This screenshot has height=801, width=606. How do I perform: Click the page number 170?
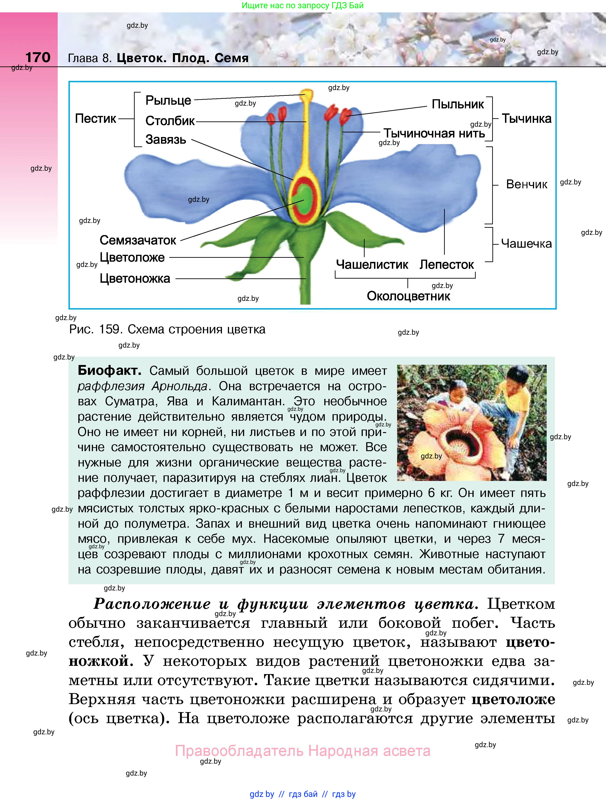[38, 57]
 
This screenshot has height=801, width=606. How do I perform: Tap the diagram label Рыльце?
[168, 100]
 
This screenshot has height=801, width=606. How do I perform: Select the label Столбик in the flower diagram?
[170, 121]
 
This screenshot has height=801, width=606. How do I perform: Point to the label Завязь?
[165, 139]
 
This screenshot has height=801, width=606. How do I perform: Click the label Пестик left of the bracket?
[95, 118]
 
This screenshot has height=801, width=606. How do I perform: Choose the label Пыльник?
[458, 104]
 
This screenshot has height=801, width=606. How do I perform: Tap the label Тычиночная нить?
[434, 134]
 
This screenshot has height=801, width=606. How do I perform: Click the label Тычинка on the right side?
[526, 118]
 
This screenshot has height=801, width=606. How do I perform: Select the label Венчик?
[526, 184]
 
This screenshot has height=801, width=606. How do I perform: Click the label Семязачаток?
[138, 240]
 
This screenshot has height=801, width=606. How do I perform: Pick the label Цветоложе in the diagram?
[132, 258]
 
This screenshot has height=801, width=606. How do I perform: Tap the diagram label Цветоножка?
[135, 278]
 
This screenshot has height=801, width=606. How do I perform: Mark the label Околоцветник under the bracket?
[408, 296]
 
